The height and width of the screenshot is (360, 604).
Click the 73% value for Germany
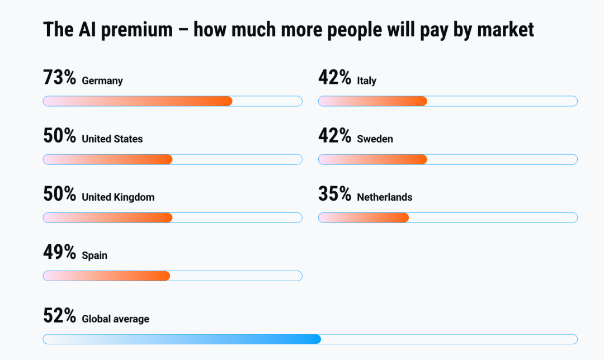[x=59, y=77]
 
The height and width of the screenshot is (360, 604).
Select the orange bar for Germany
[x=138, y=101]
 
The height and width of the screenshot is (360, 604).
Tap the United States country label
[x=112, y=139]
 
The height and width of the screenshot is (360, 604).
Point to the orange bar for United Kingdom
[x=108, y=217]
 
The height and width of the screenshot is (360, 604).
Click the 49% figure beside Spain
[x=59, y=252]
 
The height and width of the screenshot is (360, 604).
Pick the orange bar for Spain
[x=107, y=276]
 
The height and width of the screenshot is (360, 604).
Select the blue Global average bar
[x=182, y=339]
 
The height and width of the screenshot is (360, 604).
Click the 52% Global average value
[x=59, y=315]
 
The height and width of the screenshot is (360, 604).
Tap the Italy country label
[x=367, y=81]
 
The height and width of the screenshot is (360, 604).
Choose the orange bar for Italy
[x=373, y=101]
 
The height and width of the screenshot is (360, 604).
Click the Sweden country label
[x=375, y=139]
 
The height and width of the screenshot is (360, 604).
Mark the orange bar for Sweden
[x=373, y=159]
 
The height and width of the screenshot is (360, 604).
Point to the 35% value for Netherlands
[x=335, y=193]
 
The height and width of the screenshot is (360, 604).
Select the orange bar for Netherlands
[x=364, y=217]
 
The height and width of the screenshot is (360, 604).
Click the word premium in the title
[x=137, y=30]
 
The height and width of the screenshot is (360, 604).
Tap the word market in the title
[x=506, y=30]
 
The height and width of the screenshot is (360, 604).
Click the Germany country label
[x=102, y=81]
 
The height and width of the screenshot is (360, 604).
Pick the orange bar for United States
[x=108, y=159]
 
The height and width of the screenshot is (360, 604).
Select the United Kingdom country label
[x=118, y=197]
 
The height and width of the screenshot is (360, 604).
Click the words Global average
[x=115, y=319]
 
